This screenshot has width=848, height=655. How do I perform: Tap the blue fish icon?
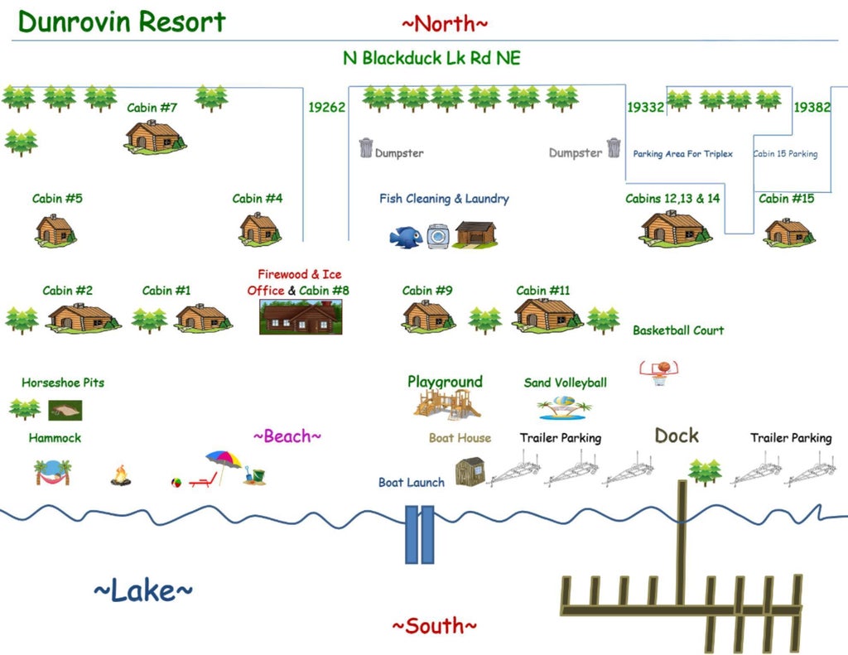coord(406,237)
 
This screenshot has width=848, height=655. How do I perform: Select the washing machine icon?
coord(438,236)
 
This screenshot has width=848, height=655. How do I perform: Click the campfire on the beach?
coord(121,475)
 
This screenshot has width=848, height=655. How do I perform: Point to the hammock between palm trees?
coord(52,473)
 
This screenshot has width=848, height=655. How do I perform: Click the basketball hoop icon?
coord(659,373)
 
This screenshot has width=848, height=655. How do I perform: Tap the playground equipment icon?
coord(446,404)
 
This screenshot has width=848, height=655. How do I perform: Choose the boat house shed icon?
coord(470,472)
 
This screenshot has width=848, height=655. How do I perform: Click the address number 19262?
coord(326,107)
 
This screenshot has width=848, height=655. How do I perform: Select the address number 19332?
coord(646,107)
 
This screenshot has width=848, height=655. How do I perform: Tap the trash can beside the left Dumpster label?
coord(366,147)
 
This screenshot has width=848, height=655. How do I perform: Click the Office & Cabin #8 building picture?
coord(301,317)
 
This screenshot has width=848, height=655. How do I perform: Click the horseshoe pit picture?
coord(65,410)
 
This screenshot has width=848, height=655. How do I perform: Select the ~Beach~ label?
coord(287,436)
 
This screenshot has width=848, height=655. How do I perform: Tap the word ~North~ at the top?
coord(445,24)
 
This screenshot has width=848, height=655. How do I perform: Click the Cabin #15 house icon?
coord(789,232)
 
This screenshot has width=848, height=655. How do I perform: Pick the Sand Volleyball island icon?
coord(565,407)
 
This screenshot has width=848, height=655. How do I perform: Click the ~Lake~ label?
coord(143,590)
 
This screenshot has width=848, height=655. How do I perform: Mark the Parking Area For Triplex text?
coord(683,154)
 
